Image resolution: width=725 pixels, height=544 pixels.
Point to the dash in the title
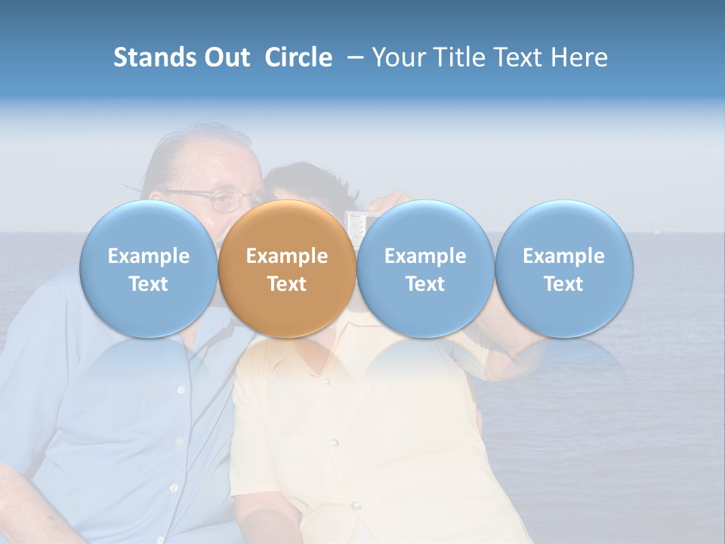[353, 58]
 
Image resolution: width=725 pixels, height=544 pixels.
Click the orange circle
[287, 269]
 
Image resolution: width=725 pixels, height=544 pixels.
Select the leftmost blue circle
[148, 269]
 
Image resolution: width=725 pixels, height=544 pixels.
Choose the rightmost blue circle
[563, 269]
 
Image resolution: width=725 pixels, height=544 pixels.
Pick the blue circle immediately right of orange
[425, 269]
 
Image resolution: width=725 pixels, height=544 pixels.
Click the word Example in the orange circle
[287, 256]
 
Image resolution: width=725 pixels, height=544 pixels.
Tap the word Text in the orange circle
[287, 284]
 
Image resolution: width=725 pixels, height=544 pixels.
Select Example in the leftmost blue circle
[148, 256]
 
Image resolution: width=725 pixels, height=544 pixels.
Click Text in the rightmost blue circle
[563, 284]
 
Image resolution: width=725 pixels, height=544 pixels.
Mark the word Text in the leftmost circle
[148, 284]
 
